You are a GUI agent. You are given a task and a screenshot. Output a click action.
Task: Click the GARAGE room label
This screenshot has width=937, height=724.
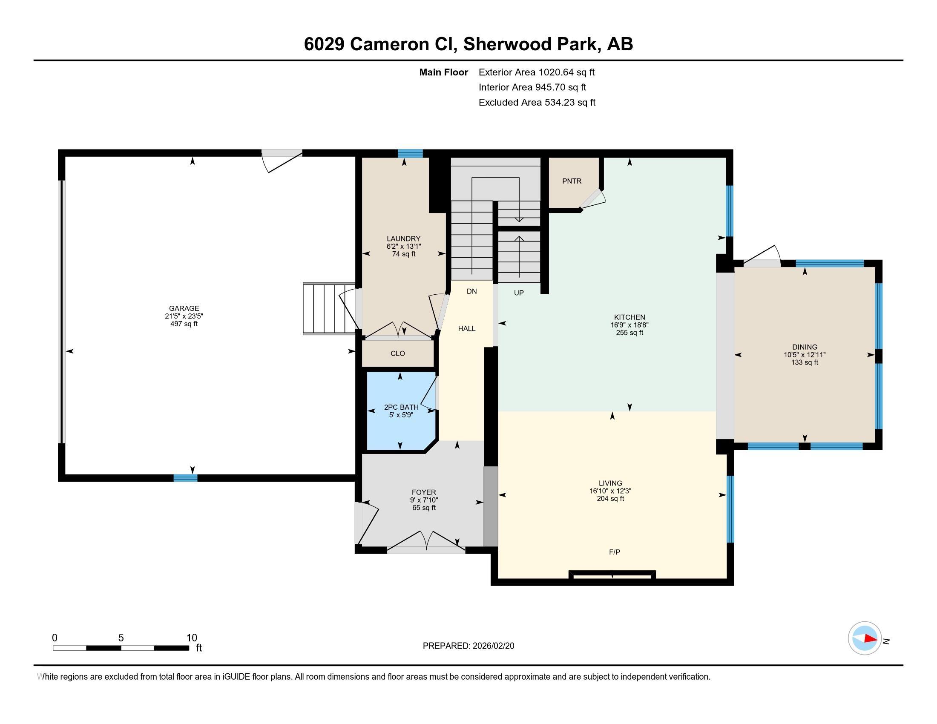(184, 308)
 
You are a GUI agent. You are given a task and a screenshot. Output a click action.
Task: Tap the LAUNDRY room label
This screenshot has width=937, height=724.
(404, 239)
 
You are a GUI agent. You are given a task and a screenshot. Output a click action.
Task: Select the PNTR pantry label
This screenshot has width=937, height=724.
(572, 181)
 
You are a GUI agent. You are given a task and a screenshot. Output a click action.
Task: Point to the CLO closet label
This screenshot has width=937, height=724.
(398, 353)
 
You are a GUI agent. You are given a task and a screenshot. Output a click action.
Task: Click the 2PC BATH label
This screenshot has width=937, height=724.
(401, 408)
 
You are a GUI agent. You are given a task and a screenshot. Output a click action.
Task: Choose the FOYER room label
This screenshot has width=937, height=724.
(424, 492)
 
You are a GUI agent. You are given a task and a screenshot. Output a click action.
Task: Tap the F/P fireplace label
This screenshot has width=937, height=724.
(614, 552)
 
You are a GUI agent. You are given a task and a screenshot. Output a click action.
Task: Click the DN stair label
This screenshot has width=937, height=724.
(472, 291)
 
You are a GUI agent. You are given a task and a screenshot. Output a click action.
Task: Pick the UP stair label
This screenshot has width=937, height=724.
(519, 293)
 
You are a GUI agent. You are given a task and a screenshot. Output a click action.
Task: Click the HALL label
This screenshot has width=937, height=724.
(467, 328)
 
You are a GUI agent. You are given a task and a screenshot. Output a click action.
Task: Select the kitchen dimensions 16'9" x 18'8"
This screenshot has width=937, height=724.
(629, 325)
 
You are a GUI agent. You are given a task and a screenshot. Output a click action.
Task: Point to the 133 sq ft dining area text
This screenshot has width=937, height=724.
(805, 362)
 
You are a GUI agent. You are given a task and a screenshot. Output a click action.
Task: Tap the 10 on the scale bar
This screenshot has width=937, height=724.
(192, 638)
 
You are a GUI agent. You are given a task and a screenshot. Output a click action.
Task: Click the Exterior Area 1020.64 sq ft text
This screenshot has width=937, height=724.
(537, 72)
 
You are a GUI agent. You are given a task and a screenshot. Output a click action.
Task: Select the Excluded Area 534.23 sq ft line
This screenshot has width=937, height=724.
(537, 102)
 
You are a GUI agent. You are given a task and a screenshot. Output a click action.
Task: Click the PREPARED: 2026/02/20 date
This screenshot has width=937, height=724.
(468, 646)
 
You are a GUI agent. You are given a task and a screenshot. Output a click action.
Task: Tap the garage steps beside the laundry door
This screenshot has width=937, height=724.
(329, 308)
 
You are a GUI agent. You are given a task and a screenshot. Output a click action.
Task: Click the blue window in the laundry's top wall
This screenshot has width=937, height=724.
(410, 154)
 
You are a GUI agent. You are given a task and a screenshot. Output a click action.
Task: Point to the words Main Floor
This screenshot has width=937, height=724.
(444, 72)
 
